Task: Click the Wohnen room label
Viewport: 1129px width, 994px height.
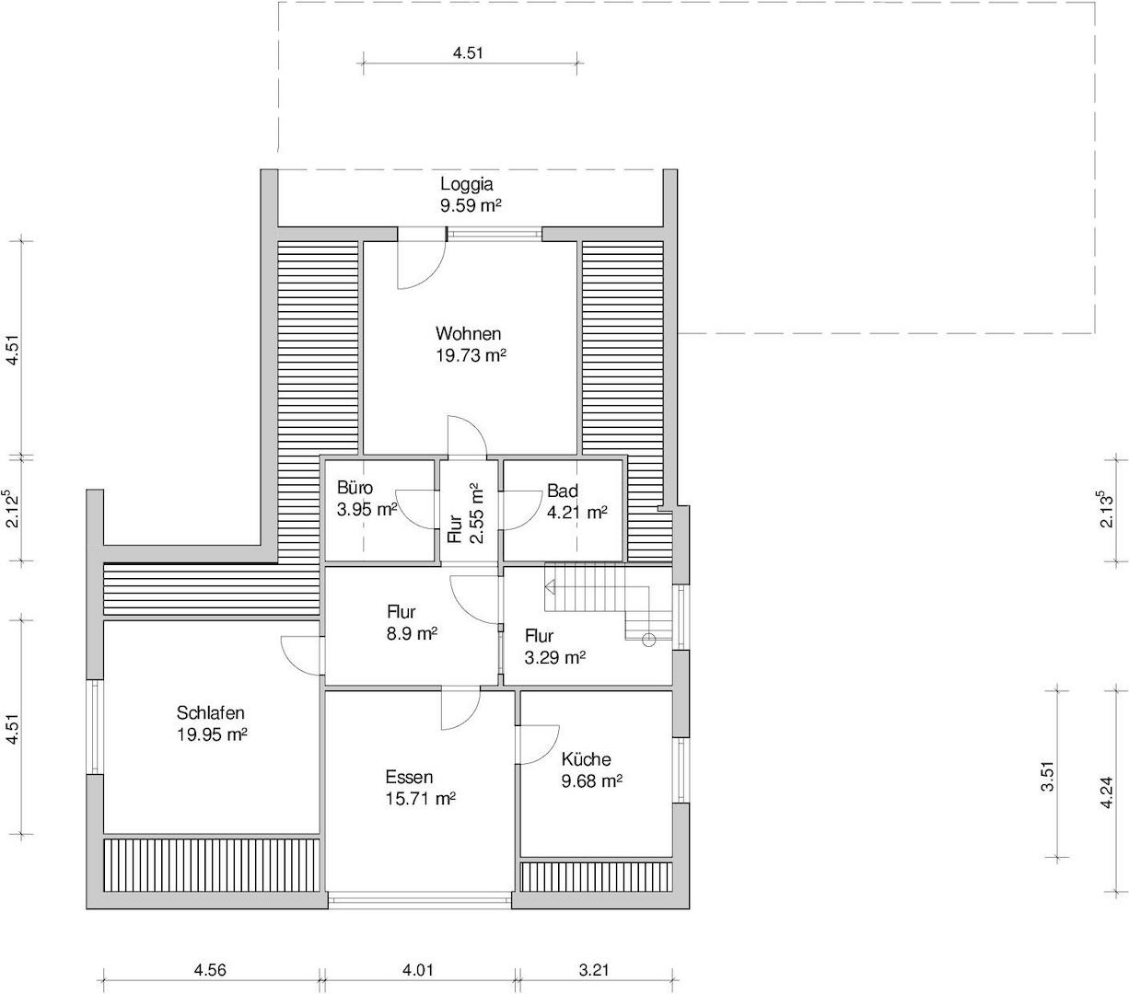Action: click(x=468, y=333)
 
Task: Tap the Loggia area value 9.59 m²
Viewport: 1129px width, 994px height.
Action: click(x=471, y=205)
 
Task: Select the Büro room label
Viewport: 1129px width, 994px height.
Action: click(x=355, y=488)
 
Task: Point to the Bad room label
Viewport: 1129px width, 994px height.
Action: click(x=563, y=491)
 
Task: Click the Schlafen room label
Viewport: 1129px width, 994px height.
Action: click(x=211, y=712)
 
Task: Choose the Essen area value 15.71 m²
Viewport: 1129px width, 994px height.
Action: click(x=421, y=799)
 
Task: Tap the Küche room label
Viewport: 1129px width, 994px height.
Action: click(x=586, y=759)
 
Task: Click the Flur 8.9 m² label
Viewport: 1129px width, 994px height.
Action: click(x=412, y=623)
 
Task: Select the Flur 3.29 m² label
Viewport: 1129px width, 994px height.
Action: click(x=555, y=647)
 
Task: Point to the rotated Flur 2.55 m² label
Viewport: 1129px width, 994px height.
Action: click(x=466, y=513)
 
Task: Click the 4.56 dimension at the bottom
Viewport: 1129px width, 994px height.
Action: click(x=210, y=970)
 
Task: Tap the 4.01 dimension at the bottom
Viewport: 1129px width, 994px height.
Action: click(x=418, y=970)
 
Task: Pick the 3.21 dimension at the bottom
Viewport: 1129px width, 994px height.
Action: click(x=594, y=970)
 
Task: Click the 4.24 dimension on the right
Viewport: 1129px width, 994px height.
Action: click(x=1107, y=792)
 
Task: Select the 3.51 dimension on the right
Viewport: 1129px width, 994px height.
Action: click(x=1048, y=776)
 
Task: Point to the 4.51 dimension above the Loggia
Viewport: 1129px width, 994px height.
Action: click(x=468, y=52)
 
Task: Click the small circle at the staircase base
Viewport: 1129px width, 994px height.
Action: click(x=648, y=640)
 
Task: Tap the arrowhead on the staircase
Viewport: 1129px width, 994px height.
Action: click(x=550, y=587)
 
